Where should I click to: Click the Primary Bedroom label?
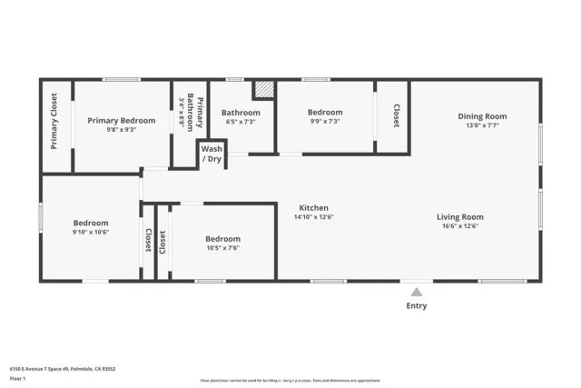click(121, 120)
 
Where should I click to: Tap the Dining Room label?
click(482, 116)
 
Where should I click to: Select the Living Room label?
click(459, 217)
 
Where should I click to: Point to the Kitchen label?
click(313, 208)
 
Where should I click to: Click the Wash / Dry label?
click(212, 154)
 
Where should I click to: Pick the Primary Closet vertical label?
click(54, 121)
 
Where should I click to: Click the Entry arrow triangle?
click(416, 292)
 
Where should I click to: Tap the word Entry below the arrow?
click(416, 306)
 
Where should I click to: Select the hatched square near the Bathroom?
click(263, 89)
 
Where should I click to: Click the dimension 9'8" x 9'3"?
click(121, 130)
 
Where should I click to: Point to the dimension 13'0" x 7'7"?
click(482, 126)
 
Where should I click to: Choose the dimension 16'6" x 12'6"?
click(459, 227)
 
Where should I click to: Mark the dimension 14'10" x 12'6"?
click(313, 218)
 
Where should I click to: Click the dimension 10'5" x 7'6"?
click(222, 248)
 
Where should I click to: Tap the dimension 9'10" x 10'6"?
click(91, 233)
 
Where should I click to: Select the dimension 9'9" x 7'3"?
click(325, 122)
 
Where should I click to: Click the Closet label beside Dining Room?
click(396, 115)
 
